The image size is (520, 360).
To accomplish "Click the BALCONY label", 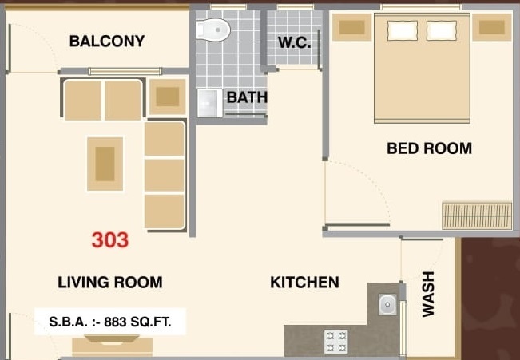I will point(106,41).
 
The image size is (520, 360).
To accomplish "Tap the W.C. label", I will point(294,43).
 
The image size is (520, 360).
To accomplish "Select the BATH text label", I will point(247,97).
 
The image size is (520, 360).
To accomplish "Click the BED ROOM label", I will point(429,148).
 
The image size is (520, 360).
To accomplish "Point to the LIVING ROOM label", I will point(109,282).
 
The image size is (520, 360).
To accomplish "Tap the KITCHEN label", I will point(304,282).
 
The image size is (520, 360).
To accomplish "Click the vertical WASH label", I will point(429,295).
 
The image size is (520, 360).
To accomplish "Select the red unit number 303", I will point(109,239).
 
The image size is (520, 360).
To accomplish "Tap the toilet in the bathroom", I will point(213,30).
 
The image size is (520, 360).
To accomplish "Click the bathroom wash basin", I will point(209,102).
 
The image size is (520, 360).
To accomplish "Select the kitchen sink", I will point(387,304).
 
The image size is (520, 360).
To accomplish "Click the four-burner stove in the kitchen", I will point(335,341).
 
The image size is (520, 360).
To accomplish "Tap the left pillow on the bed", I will point(402,30).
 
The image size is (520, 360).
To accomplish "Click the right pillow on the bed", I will point(441,30).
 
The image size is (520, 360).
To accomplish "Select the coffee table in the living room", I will point(105,164).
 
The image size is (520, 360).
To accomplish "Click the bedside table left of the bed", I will point(351,28).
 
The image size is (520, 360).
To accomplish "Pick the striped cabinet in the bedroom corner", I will point(477,216).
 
